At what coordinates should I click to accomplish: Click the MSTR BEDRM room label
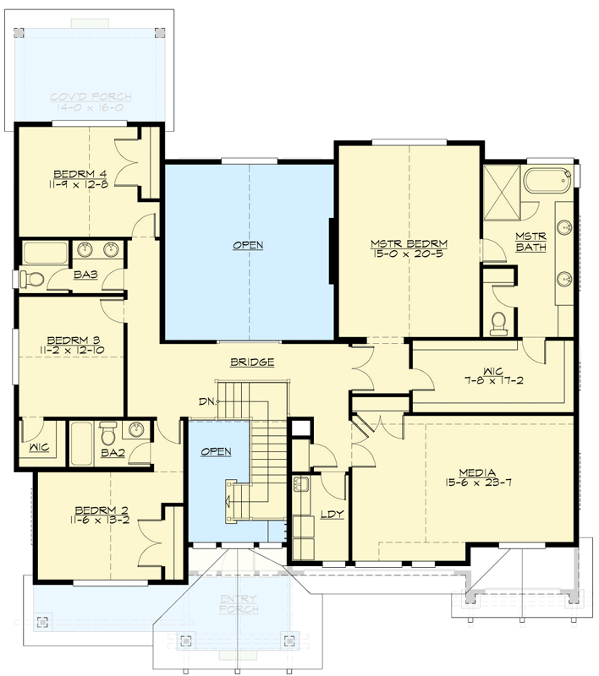coord(409,244)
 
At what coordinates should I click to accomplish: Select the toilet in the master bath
coord(499,321)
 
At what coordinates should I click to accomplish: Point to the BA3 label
coord(84,274)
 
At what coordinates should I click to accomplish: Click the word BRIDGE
coord(251,363)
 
